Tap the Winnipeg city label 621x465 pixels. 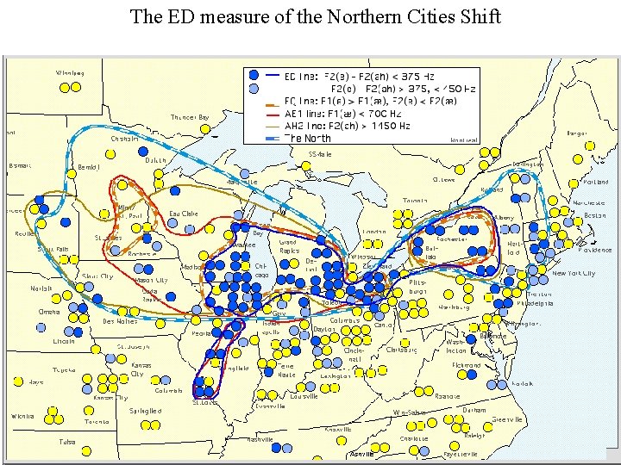70,73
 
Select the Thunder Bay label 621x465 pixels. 190,117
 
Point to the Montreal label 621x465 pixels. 464,139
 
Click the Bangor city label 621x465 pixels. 577,133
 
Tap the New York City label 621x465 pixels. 573,273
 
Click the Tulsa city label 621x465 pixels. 66,442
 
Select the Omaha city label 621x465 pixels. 48,312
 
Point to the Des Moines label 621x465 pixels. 120,321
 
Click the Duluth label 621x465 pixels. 154,159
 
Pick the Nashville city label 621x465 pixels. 259,439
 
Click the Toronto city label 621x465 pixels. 420,201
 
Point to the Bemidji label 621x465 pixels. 89,166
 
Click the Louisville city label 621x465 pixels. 304,396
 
